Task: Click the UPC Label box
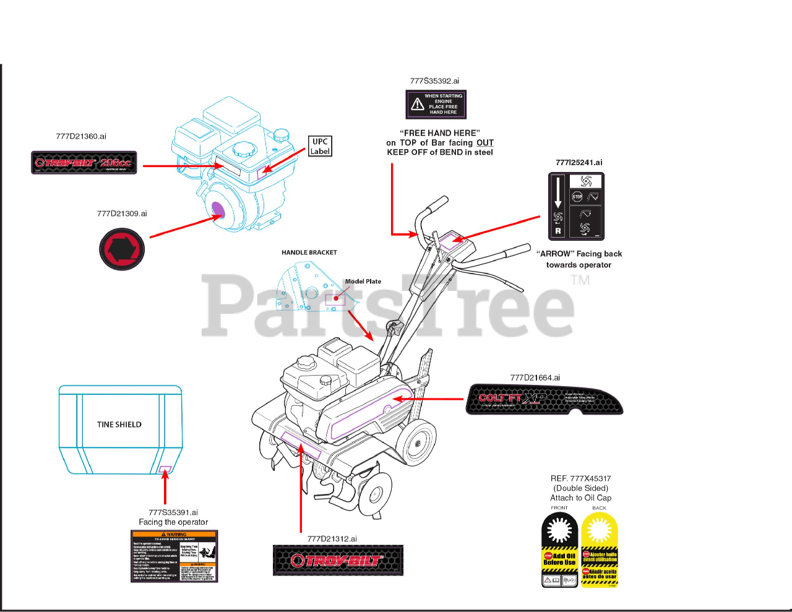coord(320,146)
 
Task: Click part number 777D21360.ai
coord(81,137)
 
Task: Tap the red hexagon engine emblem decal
coord(122,249)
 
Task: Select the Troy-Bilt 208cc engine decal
coord(84,163)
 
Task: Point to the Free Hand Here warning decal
coord(436,105)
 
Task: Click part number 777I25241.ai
coord(579,163)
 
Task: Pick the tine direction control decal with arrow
coord(576,206)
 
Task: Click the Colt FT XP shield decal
coord(544,399)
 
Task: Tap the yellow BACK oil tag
coord(599,550)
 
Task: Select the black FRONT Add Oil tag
coord(560,550)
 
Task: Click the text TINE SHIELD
coord(119,425)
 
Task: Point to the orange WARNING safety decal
coord(174,556)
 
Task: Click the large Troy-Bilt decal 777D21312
coord(338,560)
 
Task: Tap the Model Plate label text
coord(363,282)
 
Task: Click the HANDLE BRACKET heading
coord(309,252)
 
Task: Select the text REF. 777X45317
coord(580,478)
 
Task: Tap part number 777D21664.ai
coord(535,377)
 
